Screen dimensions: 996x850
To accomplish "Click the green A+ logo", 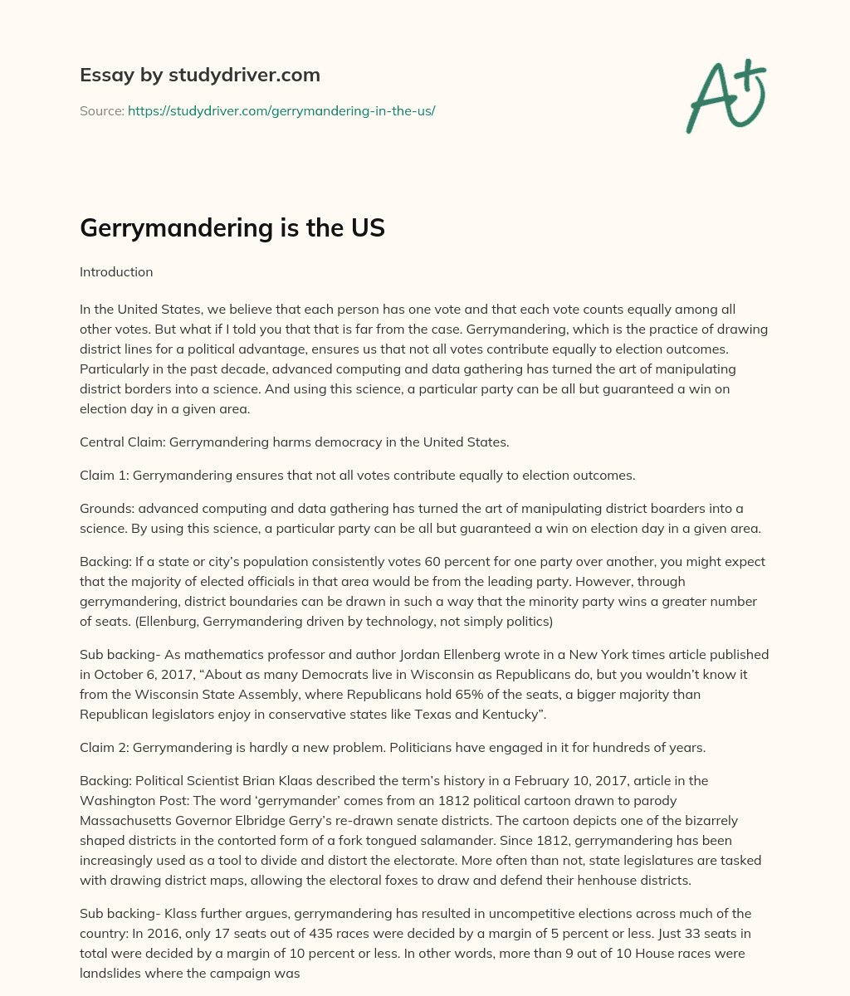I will pos(725,96).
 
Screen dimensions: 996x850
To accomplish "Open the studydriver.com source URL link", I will pos(281,110).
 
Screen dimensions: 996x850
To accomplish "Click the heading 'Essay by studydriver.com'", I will pos(199,75).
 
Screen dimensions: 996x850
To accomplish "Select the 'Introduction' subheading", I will pos(116,271).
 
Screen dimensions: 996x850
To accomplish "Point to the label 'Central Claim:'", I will pos(123,442).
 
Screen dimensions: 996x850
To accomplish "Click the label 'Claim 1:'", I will pos(105,476).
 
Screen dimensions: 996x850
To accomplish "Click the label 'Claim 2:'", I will pos(105,747).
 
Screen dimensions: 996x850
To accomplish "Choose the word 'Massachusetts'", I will pos(120,820).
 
